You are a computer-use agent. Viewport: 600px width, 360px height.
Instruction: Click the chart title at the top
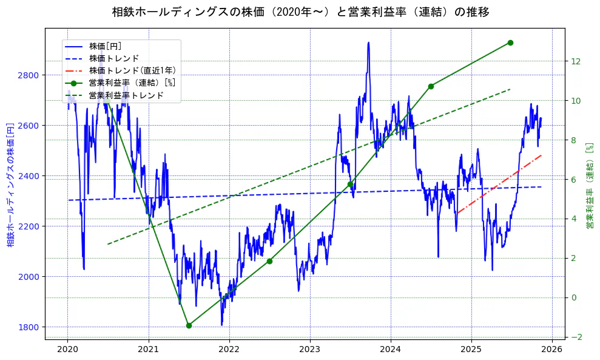click(300, 12)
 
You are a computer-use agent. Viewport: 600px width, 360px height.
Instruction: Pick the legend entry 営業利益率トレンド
click(126, 95)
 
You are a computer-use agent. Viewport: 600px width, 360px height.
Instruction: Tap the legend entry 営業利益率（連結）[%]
click(132, 83)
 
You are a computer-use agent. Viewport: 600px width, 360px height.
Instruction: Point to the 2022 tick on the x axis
click(229, 349)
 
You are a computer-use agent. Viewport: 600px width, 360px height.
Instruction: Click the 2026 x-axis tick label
click(551, 349)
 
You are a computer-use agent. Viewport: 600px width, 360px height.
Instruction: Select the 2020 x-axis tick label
click(67, 349)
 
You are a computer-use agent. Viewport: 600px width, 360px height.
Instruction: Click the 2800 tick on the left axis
click(29, 75)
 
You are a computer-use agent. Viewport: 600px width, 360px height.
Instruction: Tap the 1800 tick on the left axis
click(29, 327)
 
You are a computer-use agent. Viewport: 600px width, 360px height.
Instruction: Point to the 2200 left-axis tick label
click(29, 226)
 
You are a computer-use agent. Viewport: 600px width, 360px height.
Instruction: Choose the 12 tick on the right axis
click(576, 61)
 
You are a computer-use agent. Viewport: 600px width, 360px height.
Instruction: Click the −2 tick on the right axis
click(576, 337)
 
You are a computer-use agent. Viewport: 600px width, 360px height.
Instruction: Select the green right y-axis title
click(589, 186)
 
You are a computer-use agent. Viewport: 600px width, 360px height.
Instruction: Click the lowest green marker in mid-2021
click(189, 325)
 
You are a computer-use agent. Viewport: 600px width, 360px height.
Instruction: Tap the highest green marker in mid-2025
click(510, 42)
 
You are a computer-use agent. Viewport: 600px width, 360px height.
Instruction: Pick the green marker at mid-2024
click(431, 86)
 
